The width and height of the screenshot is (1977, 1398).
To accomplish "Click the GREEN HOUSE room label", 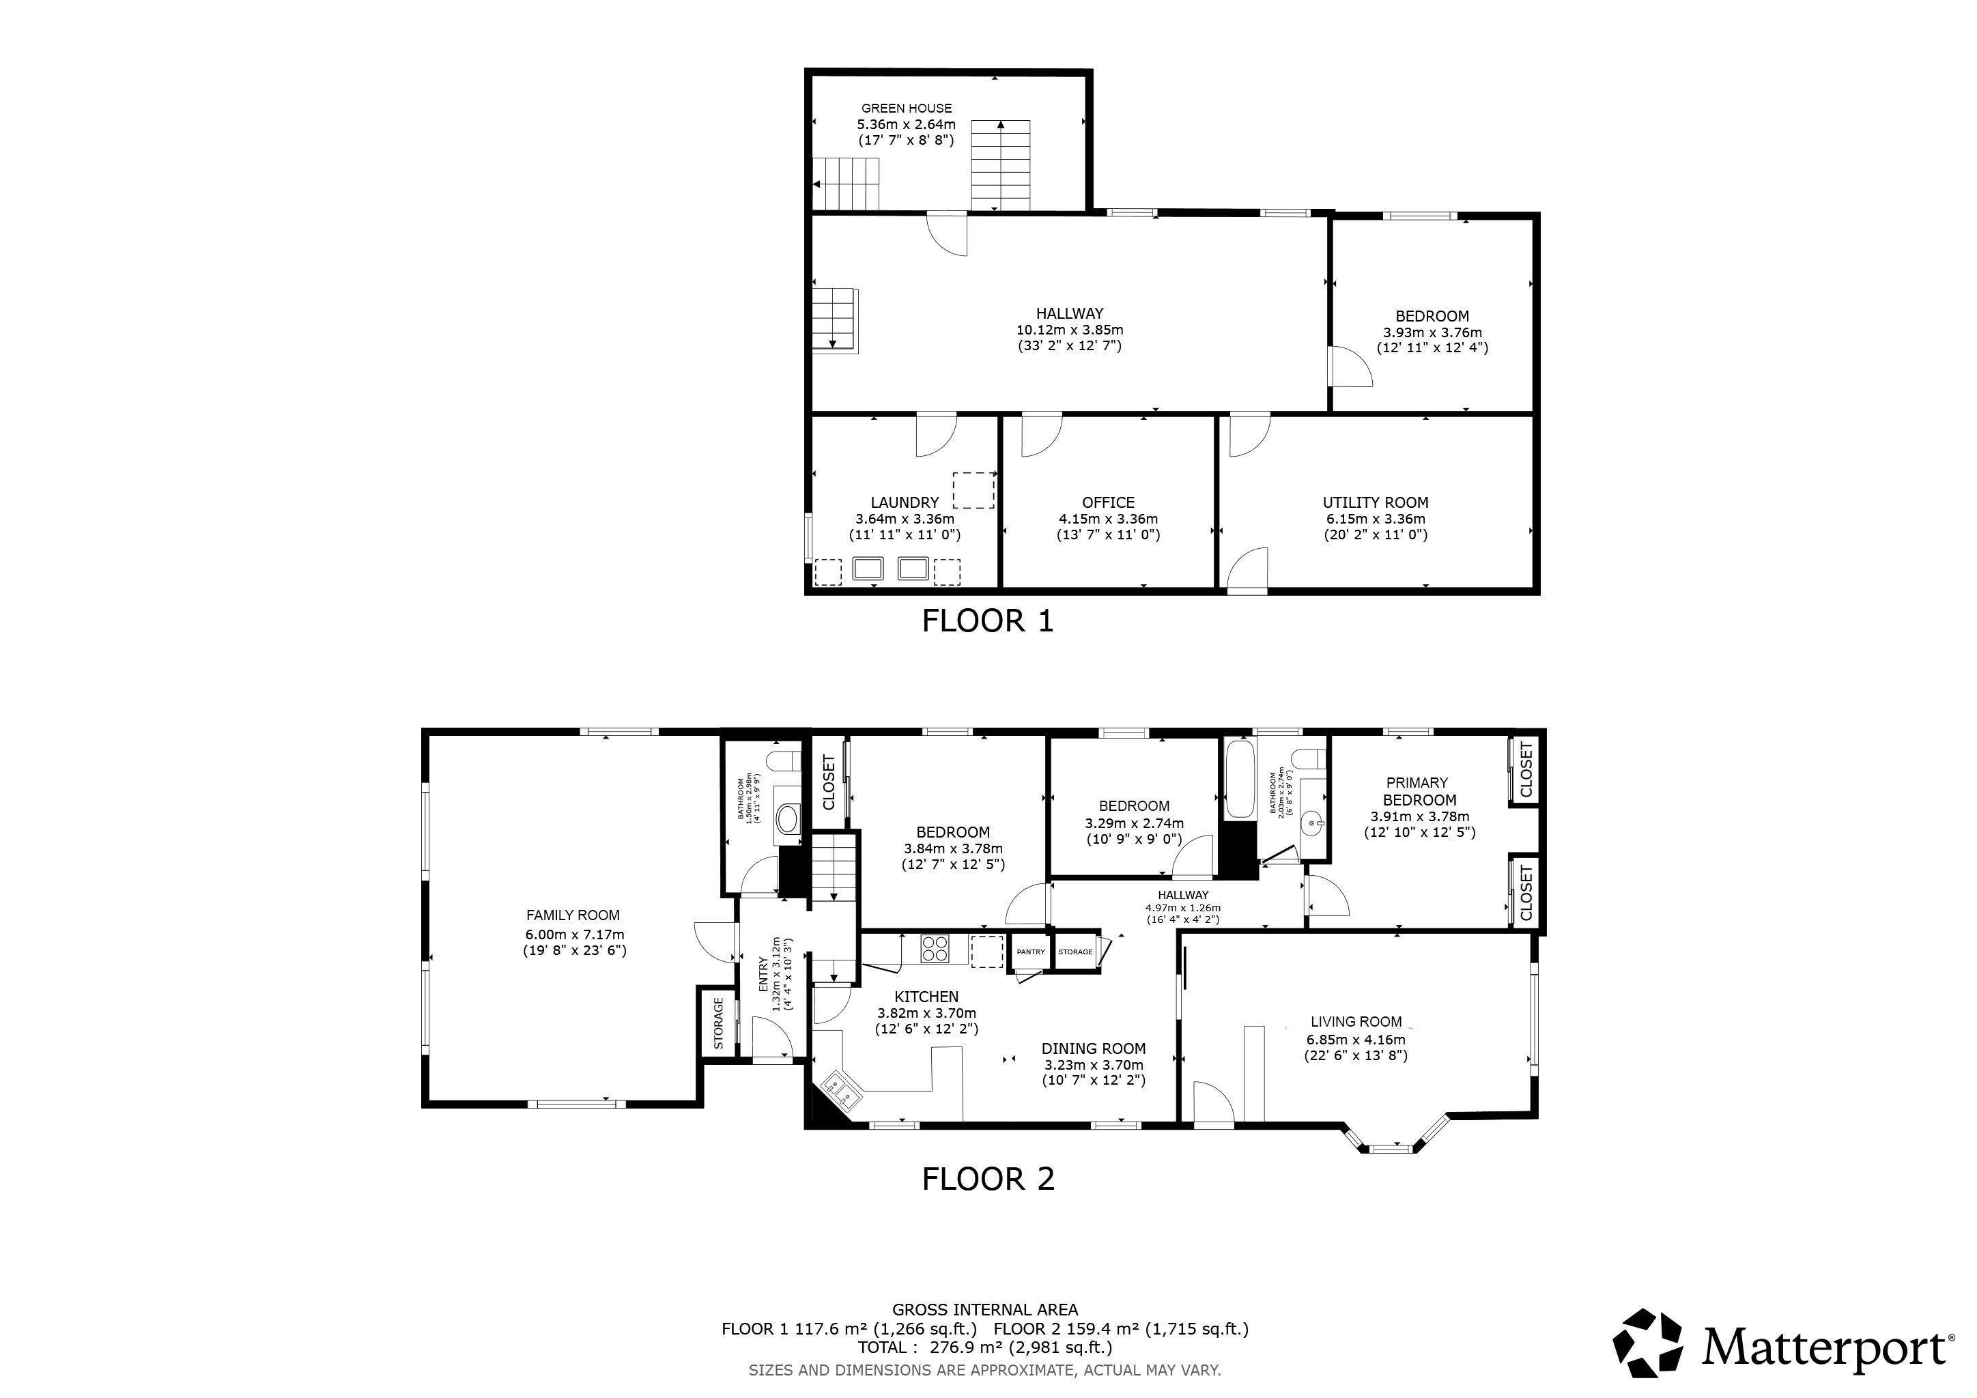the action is coord(907,109).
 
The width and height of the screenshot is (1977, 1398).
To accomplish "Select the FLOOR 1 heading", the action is coord(988,620).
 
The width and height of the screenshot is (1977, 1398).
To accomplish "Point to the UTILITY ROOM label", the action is coord(1375,502).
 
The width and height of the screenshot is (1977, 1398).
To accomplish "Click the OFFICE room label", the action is coord(1108,502).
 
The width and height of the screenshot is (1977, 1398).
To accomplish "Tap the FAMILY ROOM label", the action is coord(573,916).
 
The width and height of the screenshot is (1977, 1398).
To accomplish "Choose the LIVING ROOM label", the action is coord(1356,1022).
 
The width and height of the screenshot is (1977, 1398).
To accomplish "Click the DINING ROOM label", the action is coord(1094,1048).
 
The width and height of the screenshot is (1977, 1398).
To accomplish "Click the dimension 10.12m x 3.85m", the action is coord(1070,330).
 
